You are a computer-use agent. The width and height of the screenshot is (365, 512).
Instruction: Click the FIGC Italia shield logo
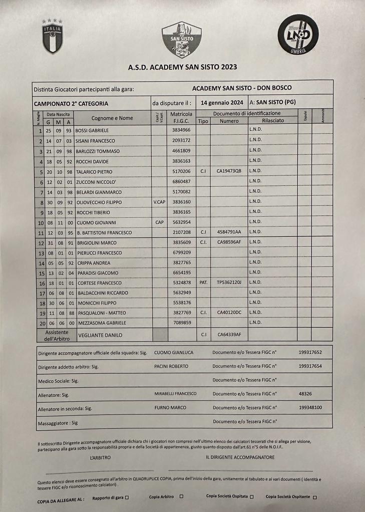click(52, 36)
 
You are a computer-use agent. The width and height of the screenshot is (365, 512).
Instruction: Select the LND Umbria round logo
click(298, 34)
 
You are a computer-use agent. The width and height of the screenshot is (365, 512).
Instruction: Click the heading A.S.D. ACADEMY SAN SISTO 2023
click(182, 67)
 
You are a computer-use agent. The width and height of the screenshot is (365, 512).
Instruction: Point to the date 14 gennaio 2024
click(222, 102)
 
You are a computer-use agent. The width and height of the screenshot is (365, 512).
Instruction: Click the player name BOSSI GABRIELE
click(92, 130)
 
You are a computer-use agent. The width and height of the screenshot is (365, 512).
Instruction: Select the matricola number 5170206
click(181, 171)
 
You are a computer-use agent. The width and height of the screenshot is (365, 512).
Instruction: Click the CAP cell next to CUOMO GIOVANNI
click(159, 222)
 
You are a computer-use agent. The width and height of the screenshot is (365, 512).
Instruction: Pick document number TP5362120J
click(229, 283)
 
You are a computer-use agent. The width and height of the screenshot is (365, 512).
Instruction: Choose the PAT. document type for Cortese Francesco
click(203, 283)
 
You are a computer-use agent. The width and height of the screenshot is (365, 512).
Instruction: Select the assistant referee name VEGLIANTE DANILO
click(100, 334)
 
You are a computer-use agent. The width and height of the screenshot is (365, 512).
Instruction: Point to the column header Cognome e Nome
click(112, 118)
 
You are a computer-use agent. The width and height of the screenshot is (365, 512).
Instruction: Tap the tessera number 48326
click(305, 394)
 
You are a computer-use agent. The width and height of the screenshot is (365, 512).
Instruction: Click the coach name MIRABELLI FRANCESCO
click(175, 394)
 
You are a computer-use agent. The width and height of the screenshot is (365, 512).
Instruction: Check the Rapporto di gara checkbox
click(127, 497)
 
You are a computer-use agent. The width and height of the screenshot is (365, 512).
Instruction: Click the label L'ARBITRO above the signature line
click(100, 457)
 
